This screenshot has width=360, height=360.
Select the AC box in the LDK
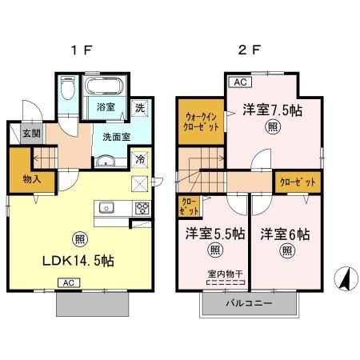(x=69, y=282)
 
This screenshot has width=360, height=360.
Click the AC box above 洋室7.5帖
(x=239, y=81)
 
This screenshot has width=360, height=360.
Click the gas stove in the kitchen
(x=142, y=210)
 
